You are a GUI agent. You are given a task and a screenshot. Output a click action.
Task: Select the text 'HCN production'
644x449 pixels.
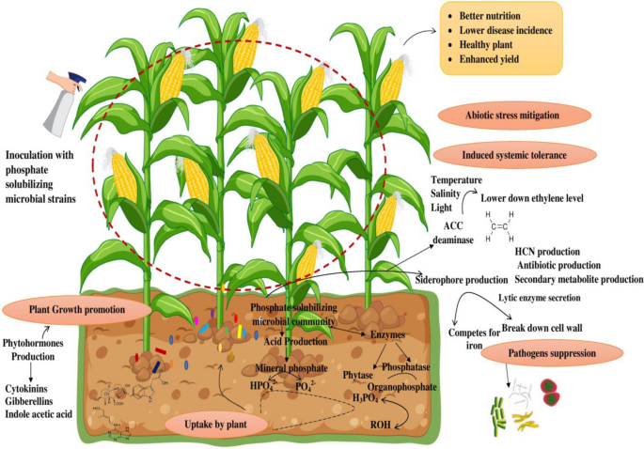pyautogui.click(x=547, y=253)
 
